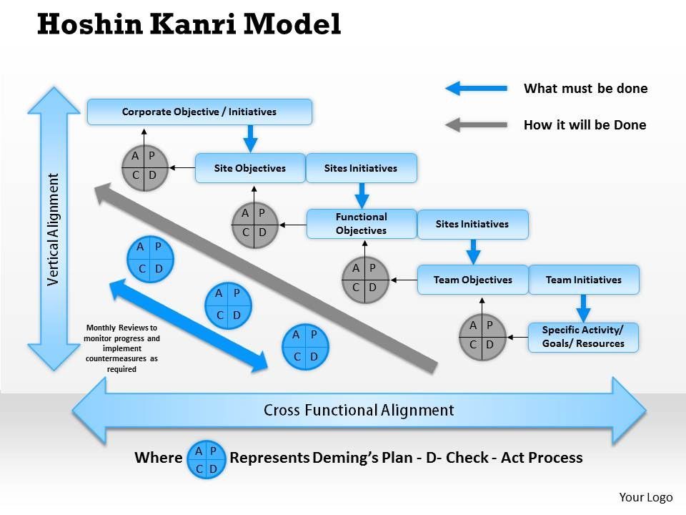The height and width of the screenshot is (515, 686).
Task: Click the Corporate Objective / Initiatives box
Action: pos(199,112)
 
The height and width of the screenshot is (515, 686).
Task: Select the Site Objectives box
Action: pos(250,167)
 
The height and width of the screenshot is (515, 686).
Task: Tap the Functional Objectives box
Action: pos(362,224)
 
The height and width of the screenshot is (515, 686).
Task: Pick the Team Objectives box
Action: pos(472,280)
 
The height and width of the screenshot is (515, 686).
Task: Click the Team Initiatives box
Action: pos(584,280)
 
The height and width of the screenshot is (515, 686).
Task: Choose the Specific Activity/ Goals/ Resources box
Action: pos(583,337)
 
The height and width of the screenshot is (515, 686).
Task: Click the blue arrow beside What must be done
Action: pos(476,88)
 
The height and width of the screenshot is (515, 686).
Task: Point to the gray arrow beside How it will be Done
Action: pos(476,124)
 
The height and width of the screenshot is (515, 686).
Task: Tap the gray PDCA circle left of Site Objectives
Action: pos(145,167)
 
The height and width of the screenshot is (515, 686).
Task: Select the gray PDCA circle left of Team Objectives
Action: pos(365,280)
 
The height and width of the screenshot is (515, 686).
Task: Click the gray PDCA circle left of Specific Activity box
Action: pos(482,337)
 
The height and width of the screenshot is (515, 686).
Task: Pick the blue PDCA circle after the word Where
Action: pos(206,459)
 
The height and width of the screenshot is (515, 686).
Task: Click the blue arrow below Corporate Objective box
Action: pos(250,138)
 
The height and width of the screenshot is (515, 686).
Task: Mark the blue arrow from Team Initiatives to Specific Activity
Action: pos(583,308)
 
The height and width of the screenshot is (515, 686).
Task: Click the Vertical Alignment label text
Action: pos(54,230)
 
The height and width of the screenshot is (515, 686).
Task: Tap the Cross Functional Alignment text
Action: pos(359,410)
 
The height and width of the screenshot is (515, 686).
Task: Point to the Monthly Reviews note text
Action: pos(121,348)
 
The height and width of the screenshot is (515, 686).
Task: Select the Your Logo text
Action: pos(646,497)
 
